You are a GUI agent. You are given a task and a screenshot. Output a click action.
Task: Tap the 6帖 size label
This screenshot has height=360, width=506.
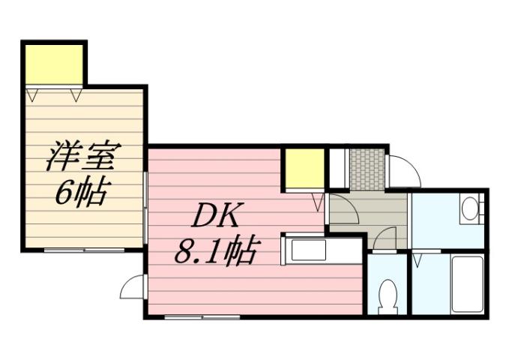click(x=81, y=193)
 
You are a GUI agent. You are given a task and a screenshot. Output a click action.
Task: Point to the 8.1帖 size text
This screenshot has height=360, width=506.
click(x=217, y=250)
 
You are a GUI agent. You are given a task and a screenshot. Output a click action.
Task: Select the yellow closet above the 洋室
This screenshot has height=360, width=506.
click(x=54, y=65)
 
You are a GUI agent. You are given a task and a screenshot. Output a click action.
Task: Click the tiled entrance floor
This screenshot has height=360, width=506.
click(x=367, y=169)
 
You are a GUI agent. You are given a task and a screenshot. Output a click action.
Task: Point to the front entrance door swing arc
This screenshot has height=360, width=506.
click(x=403, y=172)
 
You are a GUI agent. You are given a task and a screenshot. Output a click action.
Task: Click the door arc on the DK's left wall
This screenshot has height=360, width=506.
click(x=133, y=286)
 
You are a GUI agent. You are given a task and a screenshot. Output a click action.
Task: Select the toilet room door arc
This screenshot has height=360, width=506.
click(x=384, y=238)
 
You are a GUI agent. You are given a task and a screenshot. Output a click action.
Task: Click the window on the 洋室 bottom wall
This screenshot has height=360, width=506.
click(x=82, y=249)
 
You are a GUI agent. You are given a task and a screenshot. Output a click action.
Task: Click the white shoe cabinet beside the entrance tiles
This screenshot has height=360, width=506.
click(x=338, y=168)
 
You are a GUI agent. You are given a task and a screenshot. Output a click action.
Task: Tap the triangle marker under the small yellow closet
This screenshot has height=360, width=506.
click(x=318, y=200)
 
